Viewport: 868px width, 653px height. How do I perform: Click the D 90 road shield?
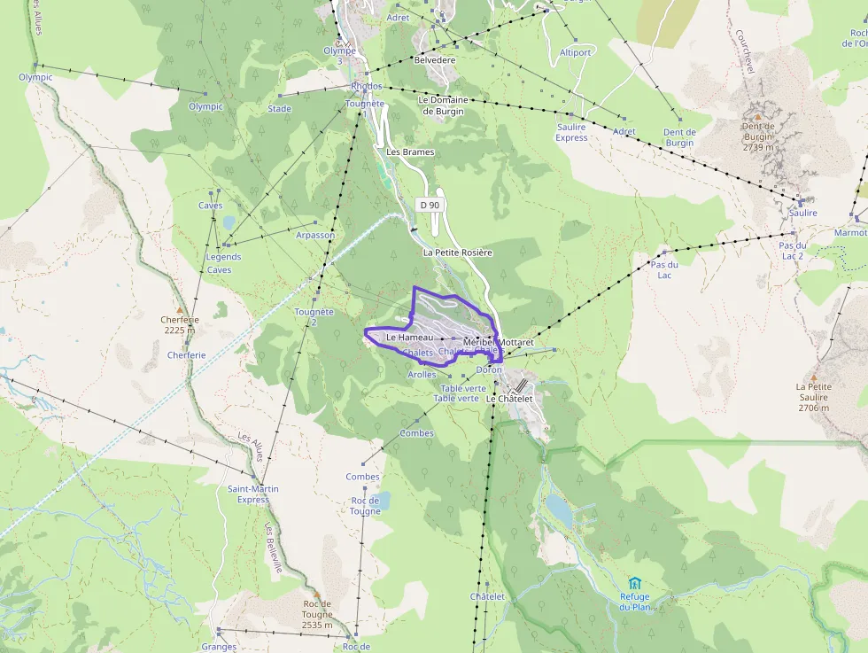(430, 205)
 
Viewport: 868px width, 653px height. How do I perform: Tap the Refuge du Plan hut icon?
(634, 584)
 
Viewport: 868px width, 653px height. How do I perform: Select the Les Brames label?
(410, 152)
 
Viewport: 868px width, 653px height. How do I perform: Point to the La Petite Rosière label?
(457, 253)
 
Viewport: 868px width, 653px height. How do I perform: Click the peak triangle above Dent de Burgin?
(757, 115)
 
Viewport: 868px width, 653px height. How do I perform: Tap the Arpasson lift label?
(315, 235)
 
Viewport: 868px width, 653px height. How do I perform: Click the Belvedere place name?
(435, 59)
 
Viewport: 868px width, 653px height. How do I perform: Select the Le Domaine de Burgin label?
(443, 105)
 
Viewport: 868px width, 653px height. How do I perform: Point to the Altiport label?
(575, 52)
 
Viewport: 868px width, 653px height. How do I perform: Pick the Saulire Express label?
(571, 132)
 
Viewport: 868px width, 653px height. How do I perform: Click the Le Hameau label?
(409, 338)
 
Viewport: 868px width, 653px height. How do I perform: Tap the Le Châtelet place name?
(509, 399)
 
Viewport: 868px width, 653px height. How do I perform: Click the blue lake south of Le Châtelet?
(558, 508)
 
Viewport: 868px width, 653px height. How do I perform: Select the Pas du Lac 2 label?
(792, 250)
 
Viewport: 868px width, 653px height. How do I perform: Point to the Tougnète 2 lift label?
(314, 316)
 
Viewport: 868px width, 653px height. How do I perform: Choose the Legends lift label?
(223, 257)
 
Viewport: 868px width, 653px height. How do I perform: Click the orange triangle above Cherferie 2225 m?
(180, 309)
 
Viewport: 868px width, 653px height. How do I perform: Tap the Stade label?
(279, 109)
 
